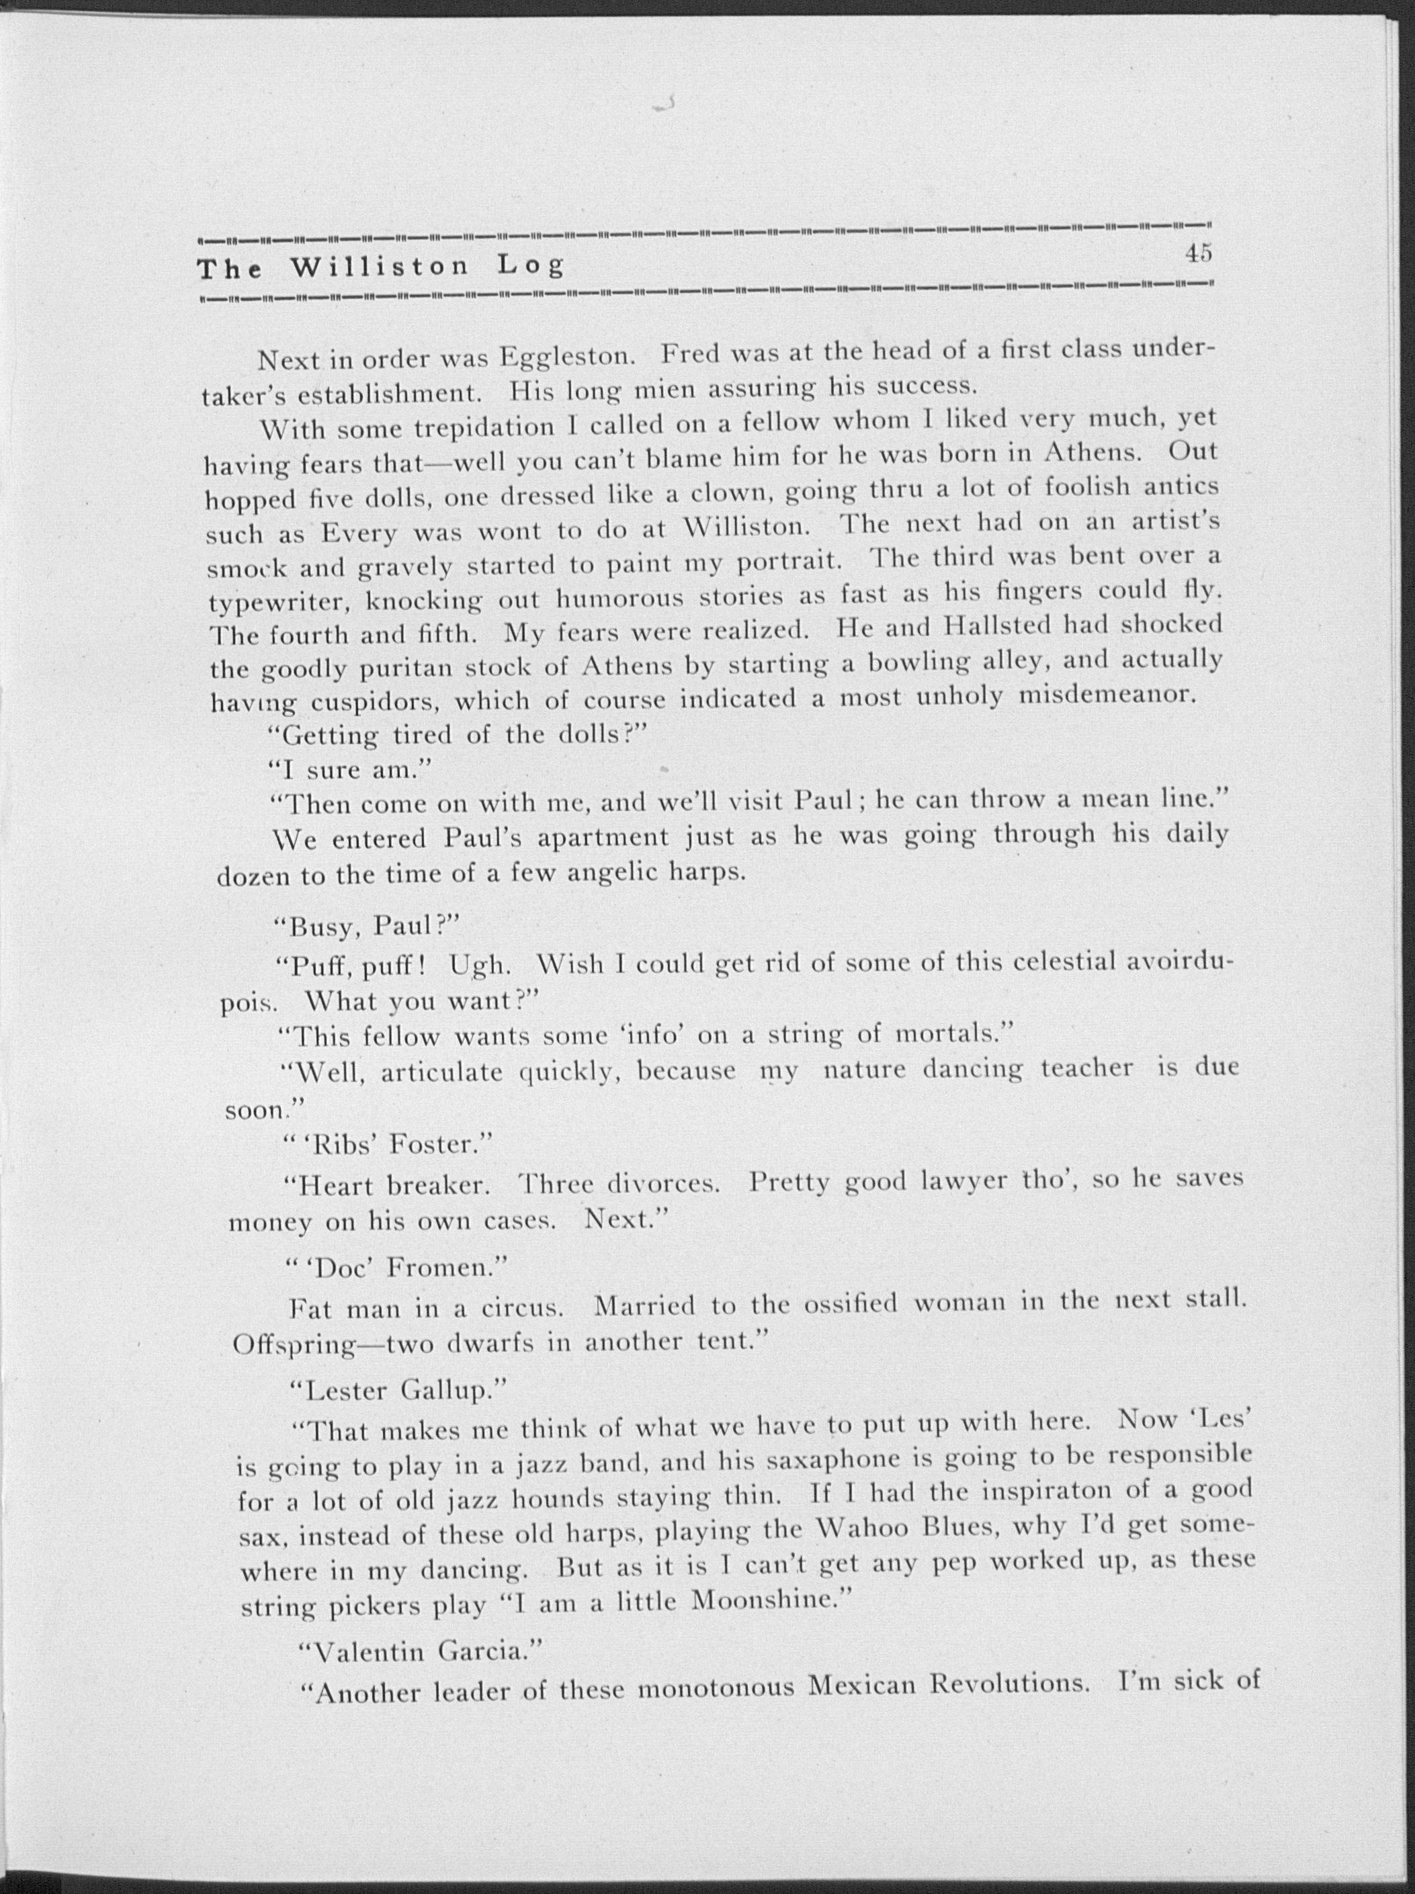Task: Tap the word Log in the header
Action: (531, 267)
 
